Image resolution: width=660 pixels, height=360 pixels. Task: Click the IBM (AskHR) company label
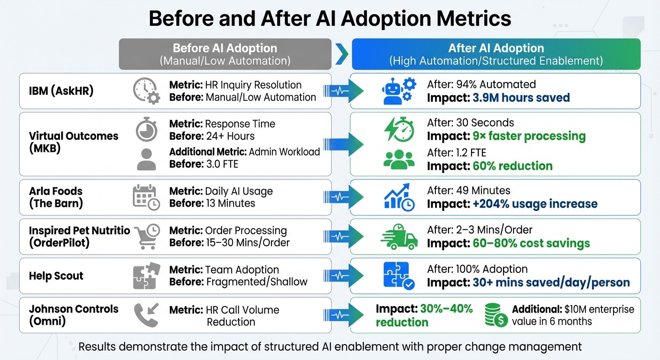[61, 90]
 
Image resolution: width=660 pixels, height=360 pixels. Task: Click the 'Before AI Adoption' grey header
[225, 48]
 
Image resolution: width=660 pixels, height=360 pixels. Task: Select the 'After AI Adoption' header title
[496, 48]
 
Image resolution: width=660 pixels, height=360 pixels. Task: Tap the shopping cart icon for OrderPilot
[147, 236]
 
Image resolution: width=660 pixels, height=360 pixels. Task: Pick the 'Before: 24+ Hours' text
[212, 136]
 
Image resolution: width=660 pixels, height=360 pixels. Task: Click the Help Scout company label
[56, 276]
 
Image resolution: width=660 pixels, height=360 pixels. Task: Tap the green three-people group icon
[398, 159]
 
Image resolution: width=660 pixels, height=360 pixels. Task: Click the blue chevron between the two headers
[342, 54]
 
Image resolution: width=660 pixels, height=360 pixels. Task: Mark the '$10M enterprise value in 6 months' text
[573, 315]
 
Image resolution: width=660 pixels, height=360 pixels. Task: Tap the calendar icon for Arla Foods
[146, 197]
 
